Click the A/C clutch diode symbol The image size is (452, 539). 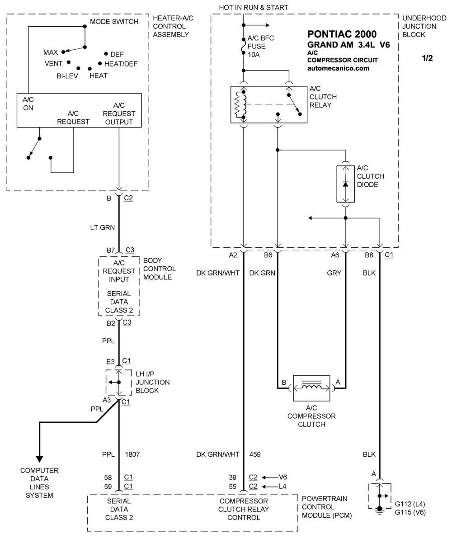pyautogui.click(x=346, y=184)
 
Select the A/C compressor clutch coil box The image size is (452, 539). pyautogui.click(x=311, y=388)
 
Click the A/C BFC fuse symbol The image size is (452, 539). pyautogui.click(x=244, y=46)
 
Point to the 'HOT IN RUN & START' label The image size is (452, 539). pyautogui.click(x=254, y=7)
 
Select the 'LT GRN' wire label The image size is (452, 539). pyautogui.click(x=103, y=227)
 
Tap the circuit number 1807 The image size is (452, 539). pyautogui.click(x=132, y=454)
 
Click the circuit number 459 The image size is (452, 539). pyautogui.click(x=255, y=454)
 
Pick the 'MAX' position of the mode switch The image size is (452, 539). pyautogui.click(x=51, y=53)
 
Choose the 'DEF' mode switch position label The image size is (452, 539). pyautogui.click(x=117, y=54)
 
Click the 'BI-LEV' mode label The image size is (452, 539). pyautogui.click(x=67, y=76)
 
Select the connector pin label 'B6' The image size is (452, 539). pyautogui.click(x=268, y=255)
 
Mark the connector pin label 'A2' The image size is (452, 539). pyautogui.click(x=233, y=255)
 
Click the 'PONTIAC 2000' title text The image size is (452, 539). pyautogui.click(x=342, y=34)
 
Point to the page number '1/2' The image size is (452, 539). pyautogui.click(x=427, y=58)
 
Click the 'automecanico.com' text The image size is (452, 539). pyautogui.click(x=338, y=68)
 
